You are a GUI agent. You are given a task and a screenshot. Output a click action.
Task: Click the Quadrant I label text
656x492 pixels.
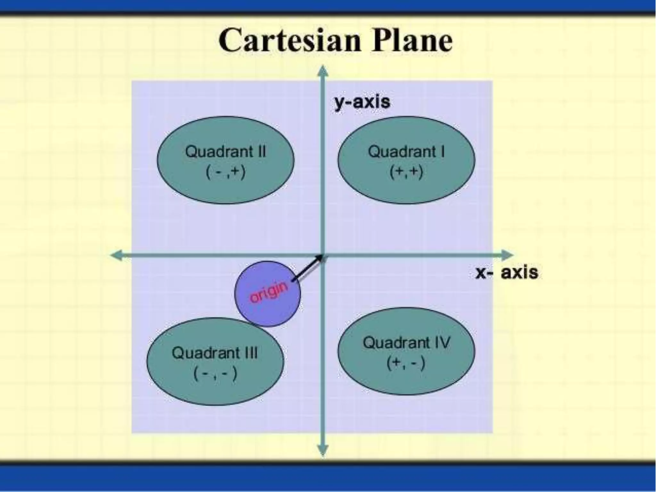click(406, 152)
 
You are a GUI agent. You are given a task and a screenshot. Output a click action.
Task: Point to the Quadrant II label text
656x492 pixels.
click(225, 152)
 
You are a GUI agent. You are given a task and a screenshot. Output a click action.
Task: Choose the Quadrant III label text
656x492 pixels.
click(215, 353)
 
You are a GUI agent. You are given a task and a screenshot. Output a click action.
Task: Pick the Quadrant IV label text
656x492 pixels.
click(406, 343)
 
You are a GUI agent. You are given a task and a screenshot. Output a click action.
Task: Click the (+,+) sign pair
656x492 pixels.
click(406, 172)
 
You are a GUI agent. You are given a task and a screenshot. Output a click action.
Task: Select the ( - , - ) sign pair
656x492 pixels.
click(215, 373)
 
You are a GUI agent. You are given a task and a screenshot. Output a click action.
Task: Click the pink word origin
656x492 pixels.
click(268, 292)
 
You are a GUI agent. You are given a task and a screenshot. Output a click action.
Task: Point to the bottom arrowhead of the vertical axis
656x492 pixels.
click(323, 450)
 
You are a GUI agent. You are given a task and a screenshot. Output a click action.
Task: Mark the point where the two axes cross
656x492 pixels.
click(323, 255)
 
